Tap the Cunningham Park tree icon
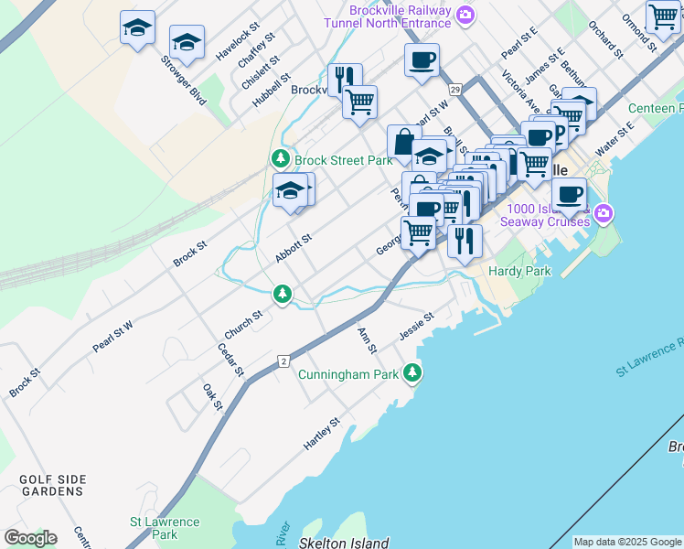tap(413, 372)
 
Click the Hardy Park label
tap(519, 271)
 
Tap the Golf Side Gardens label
tap(51, 485)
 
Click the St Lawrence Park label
tap(165, 528)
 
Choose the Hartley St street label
tap(322, 434)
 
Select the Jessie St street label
tap(416, 326)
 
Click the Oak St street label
tap(212, 397)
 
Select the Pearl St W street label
tap(112, 336)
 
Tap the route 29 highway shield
tap(455, 89)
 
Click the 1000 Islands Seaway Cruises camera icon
tap(603, 214)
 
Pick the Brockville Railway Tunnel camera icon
tap(465, 14)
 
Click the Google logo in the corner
tap(30, 538)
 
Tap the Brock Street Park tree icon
tap(283, 159)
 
